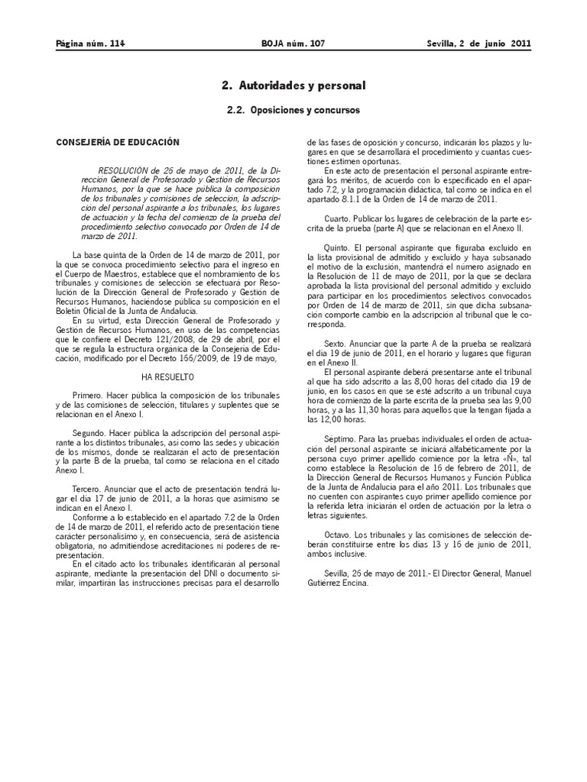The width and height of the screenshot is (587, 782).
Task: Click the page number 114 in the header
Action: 116,44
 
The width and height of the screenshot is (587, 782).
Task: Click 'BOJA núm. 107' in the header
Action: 293,44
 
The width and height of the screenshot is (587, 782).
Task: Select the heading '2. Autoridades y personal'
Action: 293,86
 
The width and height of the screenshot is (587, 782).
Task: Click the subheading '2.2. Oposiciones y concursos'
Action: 293,110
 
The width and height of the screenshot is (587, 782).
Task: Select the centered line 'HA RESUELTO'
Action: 168,377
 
